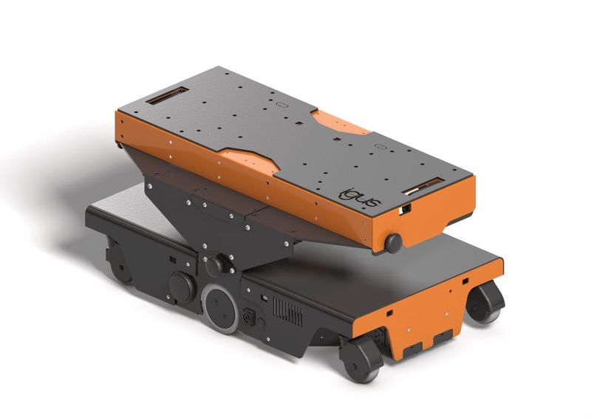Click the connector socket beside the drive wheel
(249, 318)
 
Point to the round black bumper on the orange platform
(394, 242)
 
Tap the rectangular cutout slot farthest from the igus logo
(166, 95)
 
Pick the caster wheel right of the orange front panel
(485, 302)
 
